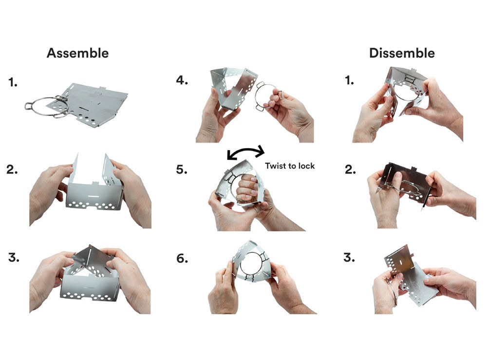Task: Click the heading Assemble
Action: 77,53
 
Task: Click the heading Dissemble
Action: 402,53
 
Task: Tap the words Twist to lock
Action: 290,166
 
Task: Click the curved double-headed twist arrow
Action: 245,150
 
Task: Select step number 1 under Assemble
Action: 13,83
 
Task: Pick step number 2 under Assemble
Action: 12,170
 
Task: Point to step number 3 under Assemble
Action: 13,258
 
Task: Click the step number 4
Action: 182,80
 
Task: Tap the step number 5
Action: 182,170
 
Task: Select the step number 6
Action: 182,258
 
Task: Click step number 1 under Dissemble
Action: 349,81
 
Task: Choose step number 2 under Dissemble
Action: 350,170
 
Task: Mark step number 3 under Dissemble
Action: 349,258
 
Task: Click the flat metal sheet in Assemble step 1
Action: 93,104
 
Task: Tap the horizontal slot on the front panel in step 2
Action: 94,196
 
